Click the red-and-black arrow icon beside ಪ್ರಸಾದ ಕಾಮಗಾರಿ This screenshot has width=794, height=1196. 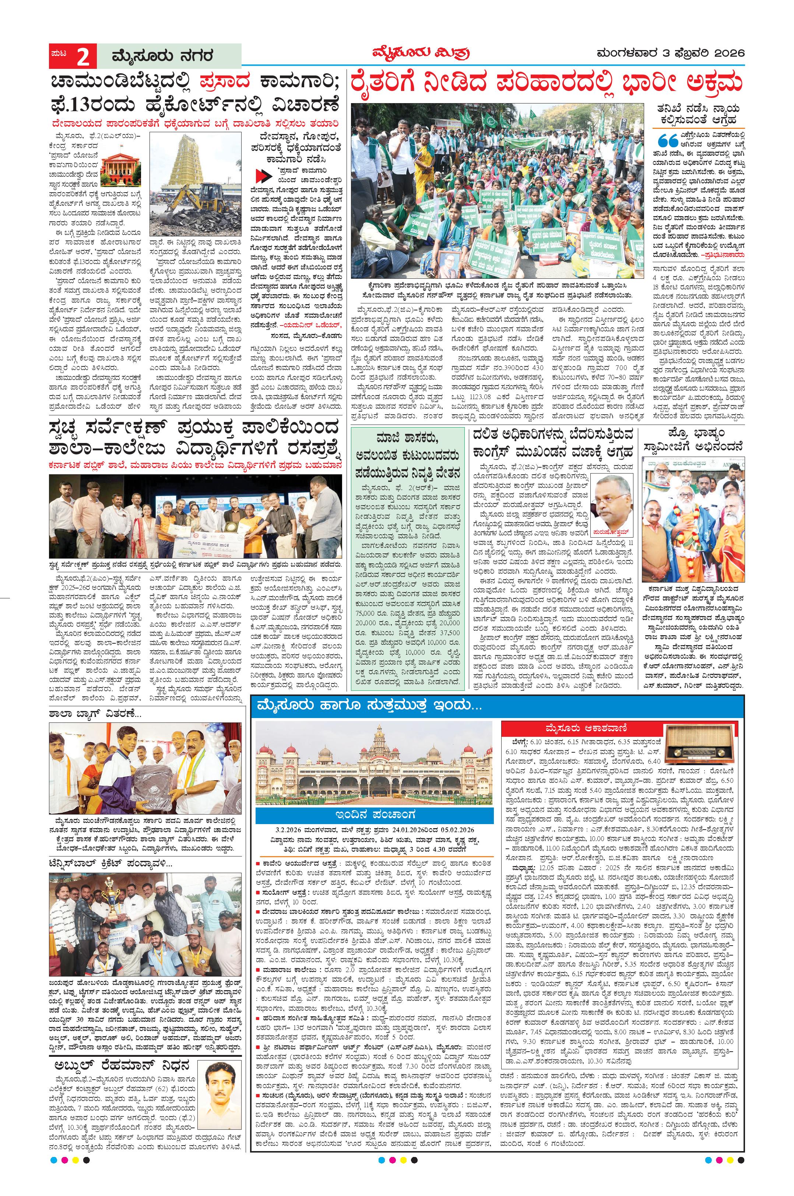click(262, 176)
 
